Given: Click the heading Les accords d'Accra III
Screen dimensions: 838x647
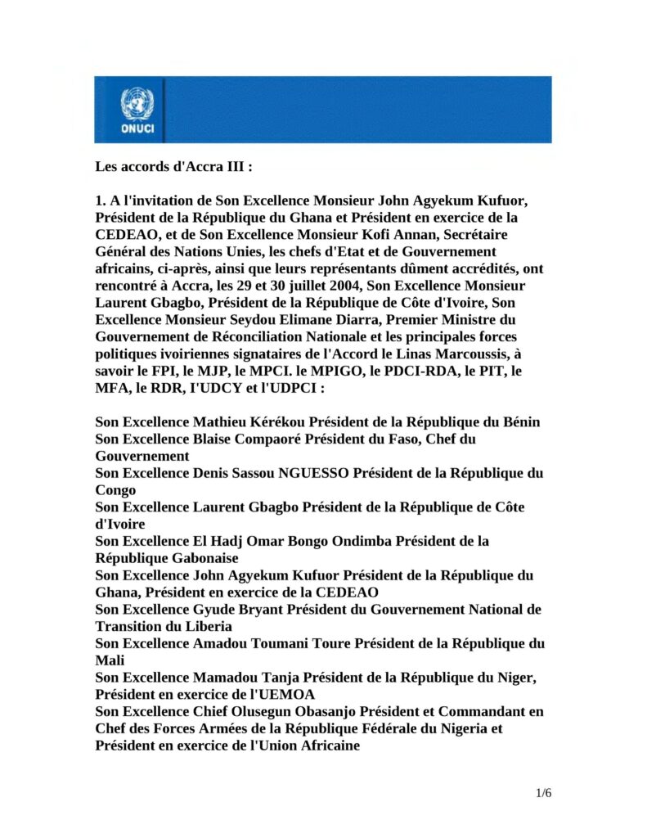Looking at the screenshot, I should pos(173,166).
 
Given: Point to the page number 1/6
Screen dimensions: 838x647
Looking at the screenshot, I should pos(544,793).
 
